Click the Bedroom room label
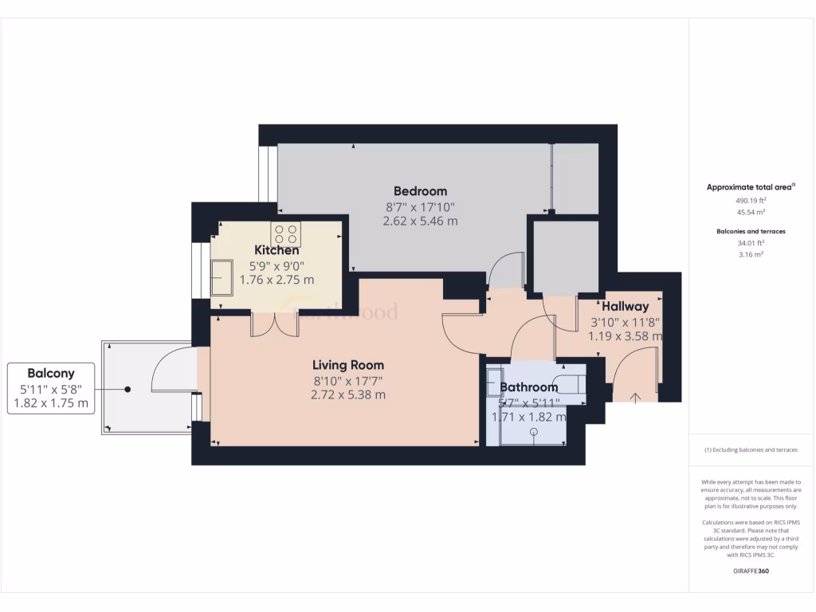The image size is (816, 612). [x=420, y=191]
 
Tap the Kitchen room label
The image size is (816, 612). [x=277, y=250]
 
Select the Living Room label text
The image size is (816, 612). [x=347, y=365]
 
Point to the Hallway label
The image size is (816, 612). [x=625, y=306]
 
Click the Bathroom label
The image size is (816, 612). [x=528, y=388]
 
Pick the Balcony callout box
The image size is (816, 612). [x=51, y=389]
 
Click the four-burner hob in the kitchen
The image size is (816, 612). [x=286, y=234]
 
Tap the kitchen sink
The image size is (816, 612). [x=222, y=277]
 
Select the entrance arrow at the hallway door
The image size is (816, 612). [x=635, y=396]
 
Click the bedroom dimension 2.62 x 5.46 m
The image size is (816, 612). [x=420, y=221]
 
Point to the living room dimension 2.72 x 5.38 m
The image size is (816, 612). [x=348, y=394]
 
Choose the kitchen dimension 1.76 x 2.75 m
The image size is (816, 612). [x=277, y=280]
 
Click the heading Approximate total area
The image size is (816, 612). [x=750, y=187]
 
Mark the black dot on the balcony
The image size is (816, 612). [x=127, y=389]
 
